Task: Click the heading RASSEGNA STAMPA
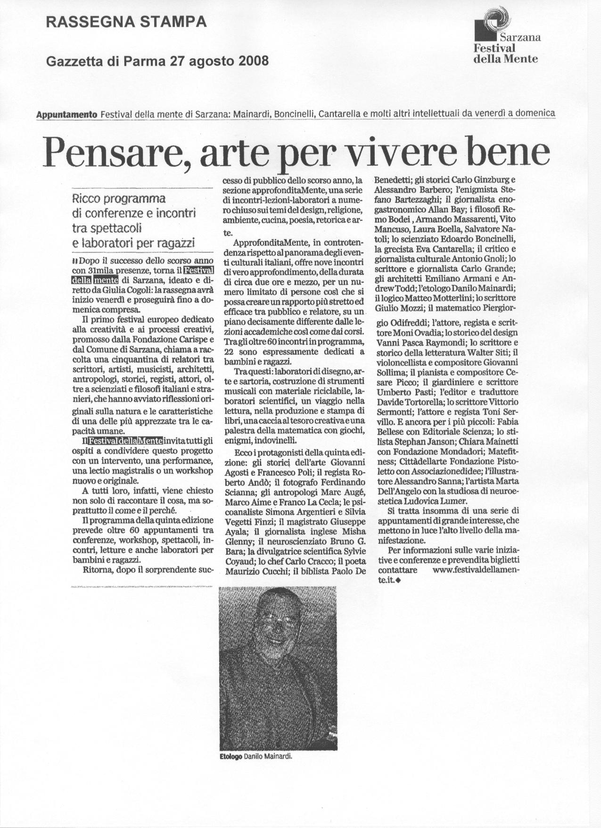pyautogui.click(x=126, y=22)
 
